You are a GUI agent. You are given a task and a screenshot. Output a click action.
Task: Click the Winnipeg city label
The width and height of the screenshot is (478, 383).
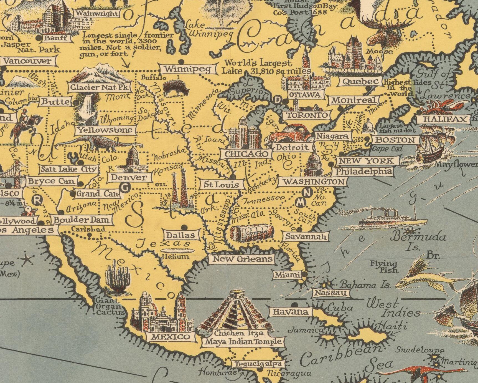point(189,69)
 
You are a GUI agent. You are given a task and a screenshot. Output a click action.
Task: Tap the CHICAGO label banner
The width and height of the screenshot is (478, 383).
point(246,154)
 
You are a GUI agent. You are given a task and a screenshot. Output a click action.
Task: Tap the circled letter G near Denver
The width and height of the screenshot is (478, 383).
point(125,188)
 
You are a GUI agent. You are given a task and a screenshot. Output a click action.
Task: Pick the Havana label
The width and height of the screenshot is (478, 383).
point(290,312)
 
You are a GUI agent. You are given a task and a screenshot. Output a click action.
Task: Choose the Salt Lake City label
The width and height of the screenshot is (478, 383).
point(69,169)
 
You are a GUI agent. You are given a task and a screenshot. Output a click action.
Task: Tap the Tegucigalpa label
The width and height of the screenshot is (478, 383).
point(258,364)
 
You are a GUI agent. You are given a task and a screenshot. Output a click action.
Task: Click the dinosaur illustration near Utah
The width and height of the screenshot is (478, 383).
point(100,143)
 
